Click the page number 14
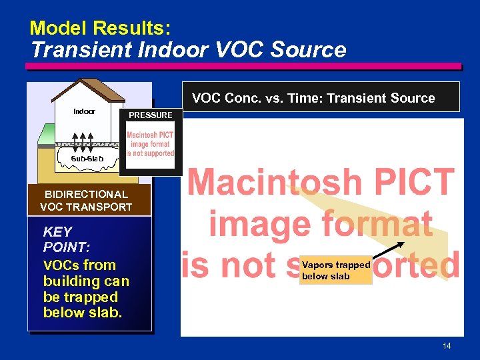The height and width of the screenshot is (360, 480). (x=447, y=345)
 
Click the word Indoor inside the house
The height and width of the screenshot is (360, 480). (x=84, y=111)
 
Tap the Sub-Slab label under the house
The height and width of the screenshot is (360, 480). (x=87, y=159)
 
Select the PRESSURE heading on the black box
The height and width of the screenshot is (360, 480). (x=150, y=115)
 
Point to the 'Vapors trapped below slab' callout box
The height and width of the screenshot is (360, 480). (x=336, y=270)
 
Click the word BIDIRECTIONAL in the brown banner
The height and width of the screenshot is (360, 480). (x=86, y=194)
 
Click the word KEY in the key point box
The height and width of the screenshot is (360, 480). (x=57, y=232)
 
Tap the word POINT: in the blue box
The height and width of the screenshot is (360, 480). (x=66, y=247)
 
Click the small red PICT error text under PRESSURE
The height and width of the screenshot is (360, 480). (x=150, y=144)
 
